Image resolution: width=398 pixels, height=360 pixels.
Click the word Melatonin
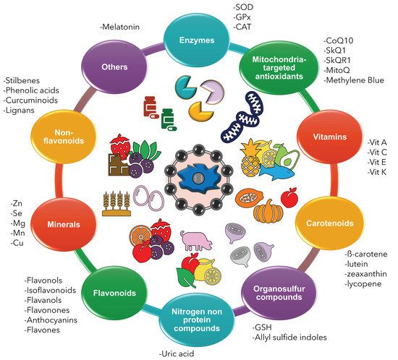point(121,27)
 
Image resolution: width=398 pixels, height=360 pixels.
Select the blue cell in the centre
point(198,178)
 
